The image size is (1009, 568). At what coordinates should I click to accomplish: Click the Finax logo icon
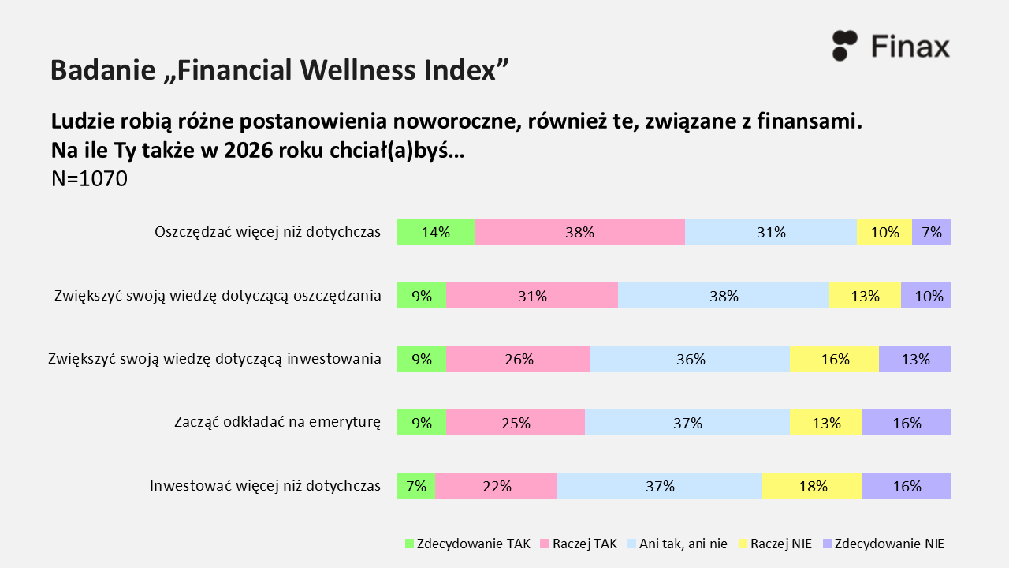point(844,46)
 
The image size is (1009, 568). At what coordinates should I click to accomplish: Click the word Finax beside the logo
point(910,46)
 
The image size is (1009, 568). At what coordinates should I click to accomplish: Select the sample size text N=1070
point(89,179)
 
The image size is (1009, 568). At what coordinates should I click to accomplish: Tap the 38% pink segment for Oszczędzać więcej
point(579,232)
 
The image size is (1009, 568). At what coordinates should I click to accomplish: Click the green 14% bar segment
point(435,232)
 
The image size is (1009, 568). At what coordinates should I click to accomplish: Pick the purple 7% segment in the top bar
point(932,232)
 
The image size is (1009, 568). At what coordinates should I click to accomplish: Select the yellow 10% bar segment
point(884,232)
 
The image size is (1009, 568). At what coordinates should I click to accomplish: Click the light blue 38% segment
point(724,296)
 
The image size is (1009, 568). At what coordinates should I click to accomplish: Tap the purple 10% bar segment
point(926,296)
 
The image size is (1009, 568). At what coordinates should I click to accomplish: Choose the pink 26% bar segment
point(518,359)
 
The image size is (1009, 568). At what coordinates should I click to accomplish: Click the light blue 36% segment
point(690,359)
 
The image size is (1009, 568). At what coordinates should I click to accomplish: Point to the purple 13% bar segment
point(915,359)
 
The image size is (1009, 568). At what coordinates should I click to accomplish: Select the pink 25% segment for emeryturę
point(515,423)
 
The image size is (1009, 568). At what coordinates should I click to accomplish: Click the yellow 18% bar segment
point(812,486)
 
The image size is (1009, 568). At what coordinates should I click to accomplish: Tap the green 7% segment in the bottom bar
point(415,486)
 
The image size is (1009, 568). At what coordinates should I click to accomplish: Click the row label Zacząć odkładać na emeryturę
point(277,423)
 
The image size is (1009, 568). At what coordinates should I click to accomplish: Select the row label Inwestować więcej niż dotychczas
point(266,486)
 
